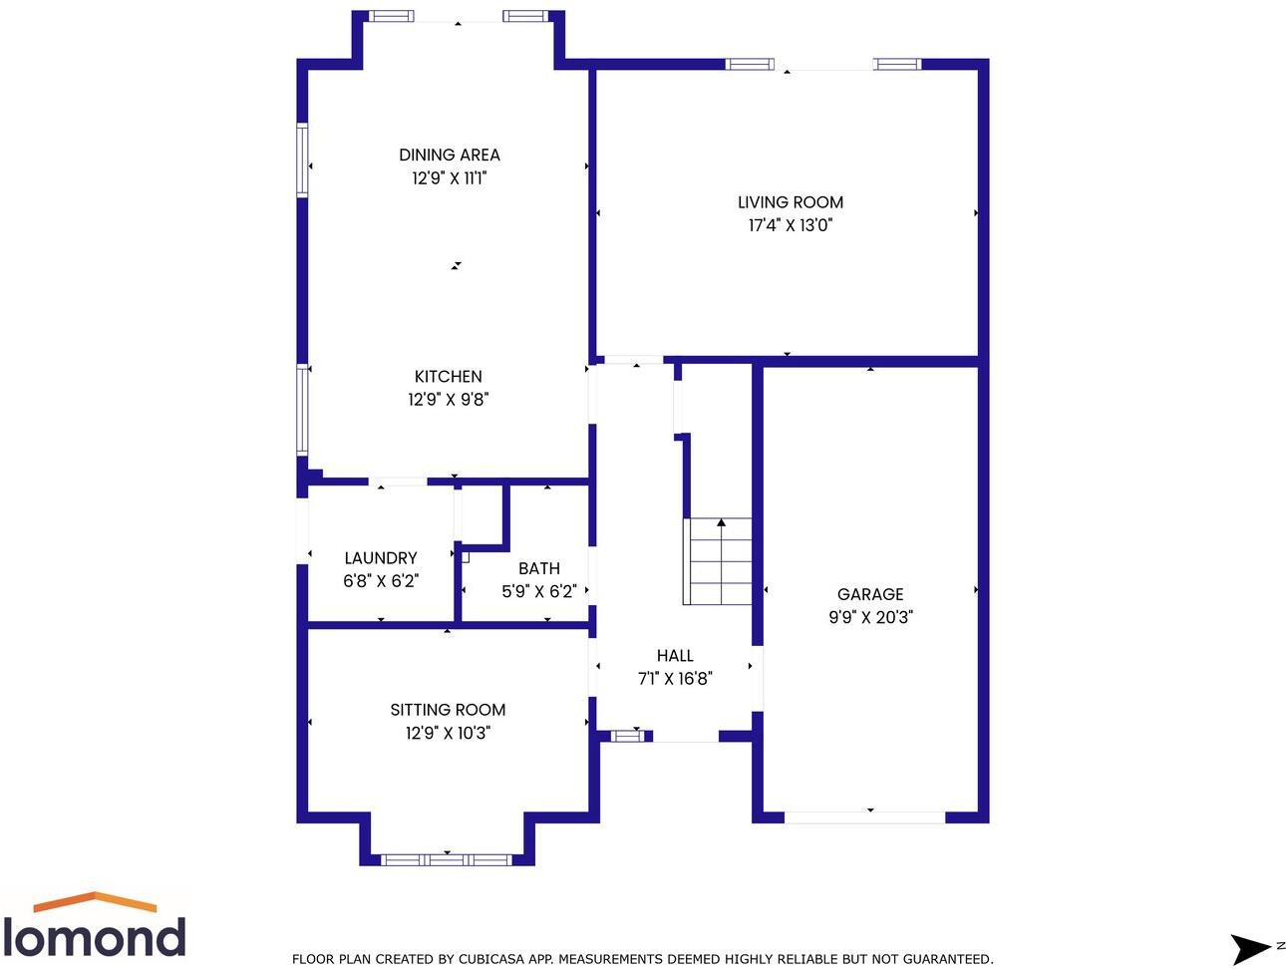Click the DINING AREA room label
449,155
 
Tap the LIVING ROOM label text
790,201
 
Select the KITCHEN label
448,376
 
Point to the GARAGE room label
869,593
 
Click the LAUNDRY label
380,557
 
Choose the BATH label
538,567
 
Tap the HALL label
674,655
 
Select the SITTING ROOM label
447,709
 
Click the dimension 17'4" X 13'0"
790,225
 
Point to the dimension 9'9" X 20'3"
869,617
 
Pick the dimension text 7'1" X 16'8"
674,679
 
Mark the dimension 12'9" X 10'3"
447,733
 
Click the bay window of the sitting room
446,858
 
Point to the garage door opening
864,817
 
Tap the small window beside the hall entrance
627,736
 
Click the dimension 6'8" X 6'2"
380,581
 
